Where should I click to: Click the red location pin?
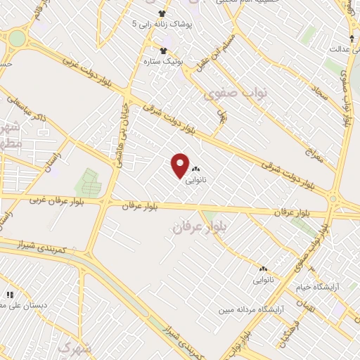click(180, 165)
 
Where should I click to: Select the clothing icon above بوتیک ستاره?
click(164, 50)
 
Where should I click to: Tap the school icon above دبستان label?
click(10, 295)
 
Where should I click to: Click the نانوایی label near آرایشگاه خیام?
click(264, 280)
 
